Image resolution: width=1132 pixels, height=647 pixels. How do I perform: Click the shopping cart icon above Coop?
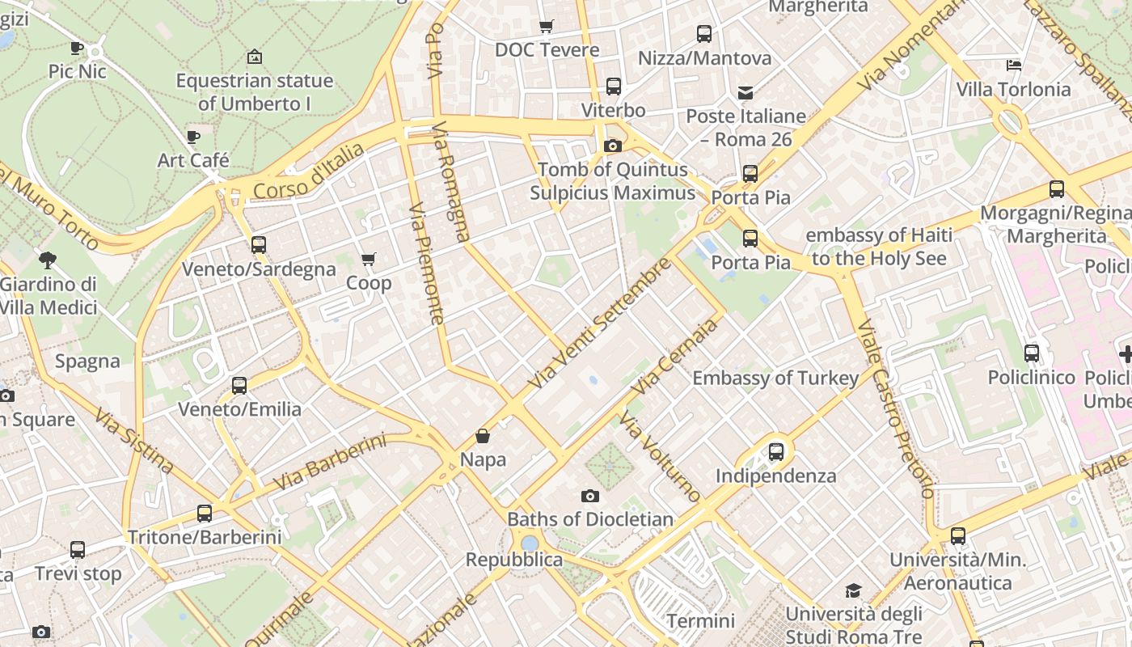[x=369, y=260]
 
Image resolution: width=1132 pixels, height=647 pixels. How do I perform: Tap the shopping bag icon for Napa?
[x=483, y=437]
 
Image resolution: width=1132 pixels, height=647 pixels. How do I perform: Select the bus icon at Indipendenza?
[x=776, y=452]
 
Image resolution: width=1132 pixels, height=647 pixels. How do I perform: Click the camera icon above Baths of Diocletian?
[x=590, y=496]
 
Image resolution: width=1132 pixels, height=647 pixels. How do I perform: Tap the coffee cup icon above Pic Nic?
[x=77, y=49]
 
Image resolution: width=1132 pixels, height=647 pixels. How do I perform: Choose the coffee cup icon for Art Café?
[x=193, y=137]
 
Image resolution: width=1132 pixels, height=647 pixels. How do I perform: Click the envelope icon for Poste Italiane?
[x=746, y=93]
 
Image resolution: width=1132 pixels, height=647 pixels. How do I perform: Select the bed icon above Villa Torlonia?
[x=1014, y=65]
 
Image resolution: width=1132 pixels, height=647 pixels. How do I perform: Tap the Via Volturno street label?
[x=660, y=456]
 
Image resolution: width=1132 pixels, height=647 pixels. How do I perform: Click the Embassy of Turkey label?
[x=775, y=378]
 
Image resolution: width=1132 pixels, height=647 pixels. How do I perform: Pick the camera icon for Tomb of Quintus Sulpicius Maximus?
[x=613, y=146]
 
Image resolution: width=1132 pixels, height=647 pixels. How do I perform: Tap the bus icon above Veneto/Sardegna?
[x=259, y=244]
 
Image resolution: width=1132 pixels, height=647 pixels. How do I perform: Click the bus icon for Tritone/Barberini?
[x=205, y=514]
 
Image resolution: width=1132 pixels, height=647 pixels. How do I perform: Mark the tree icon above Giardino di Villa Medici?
[x=48, y=260]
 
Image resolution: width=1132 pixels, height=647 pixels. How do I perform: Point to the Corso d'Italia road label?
[x=309, y=171]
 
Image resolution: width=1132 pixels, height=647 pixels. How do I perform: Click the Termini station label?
[x=700, y=621]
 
